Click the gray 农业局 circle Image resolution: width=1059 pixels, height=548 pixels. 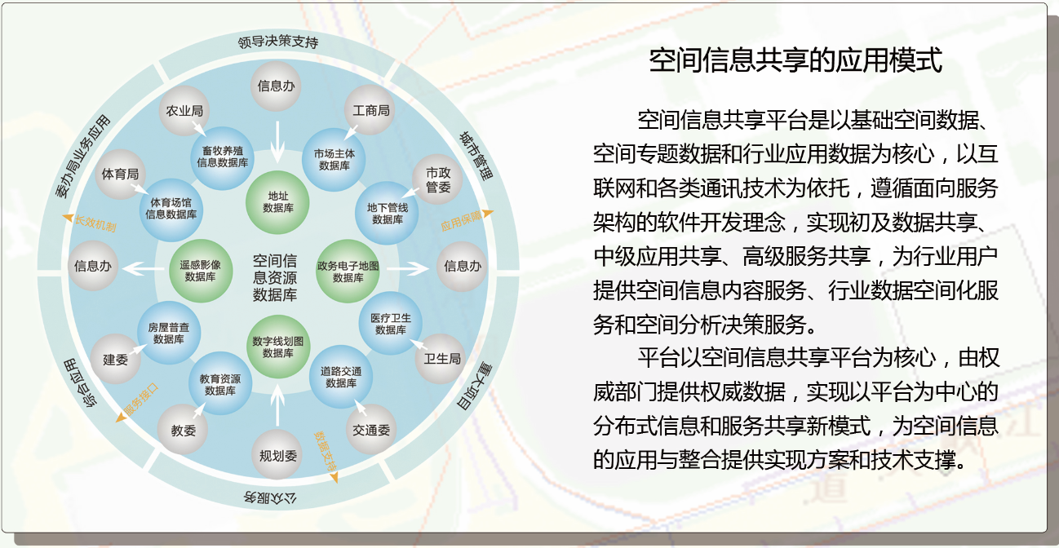(184, 110)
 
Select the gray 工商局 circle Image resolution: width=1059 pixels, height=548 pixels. (370, 110)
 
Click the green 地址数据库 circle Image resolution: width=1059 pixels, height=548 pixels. (277, 202)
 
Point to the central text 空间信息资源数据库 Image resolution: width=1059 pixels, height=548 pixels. (275, 278)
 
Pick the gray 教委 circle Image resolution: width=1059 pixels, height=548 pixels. (184, 431)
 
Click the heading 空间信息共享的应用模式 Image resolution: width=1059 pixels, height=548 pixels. (795, 61)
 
